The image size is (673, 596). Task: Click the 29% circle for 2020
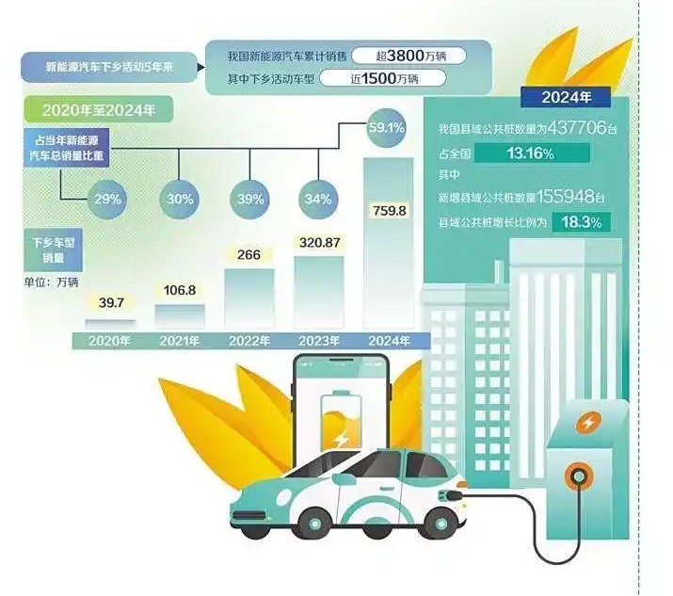point(105,199)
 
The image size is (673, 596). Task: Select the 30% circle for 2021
point(180,199)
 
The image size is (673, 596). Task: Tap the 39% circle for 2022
point(250,199)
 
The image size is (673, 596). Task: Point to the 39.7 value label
point(110,302)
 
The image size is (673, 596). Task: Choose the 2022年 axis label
point(248,340)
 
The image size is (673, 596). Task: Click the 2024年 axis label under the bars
point(387,340)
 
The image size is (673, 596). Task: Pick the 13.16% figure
point(528,153)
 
